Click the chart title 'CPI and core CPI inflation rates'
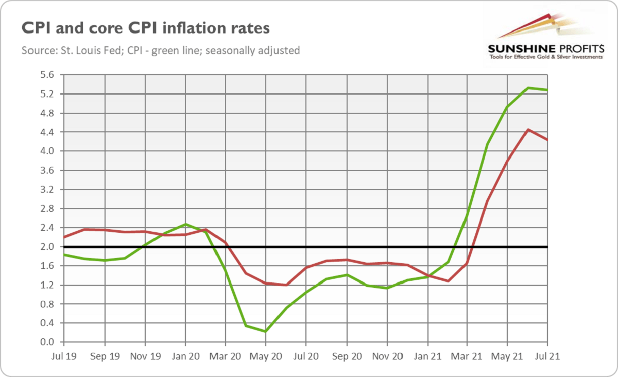[145, 28]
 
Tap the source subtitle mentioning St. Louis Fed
[161, 50]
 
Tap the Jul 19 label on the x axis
[64, 356]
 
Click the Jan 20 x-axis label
[185, 356]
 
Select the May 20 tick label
[266, 356]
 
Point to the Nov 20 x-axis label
[387, 356]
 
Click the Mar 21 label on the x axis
[467, 356]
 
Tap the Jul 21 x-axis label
[547, 356]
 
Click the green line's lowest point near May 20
[266, 331]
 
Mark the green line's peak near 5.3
[528, 88]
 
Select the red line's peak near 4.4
[528, 130]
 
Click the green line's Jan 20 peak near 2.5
[185, 225]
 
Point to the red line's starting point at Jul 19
[64, 237]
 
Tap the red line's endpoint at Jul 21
[547, 140]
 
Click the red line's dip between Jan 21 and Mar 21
[448, 281]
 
